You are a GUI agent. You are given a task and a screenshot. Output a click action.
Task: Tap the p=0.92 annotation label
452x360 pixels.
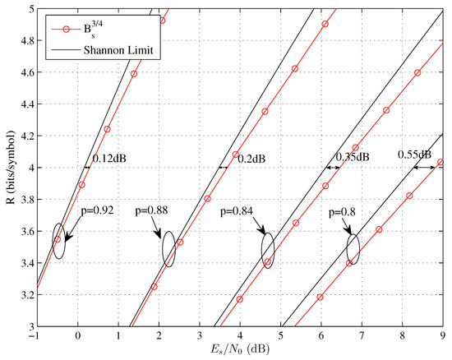103,210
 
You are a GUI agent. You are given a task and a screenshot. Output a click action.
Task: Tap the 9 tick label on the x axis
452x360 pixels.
442,336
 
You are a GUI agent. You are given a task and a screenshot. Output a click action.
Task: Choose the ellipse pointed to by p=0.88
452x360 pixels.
168,248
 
